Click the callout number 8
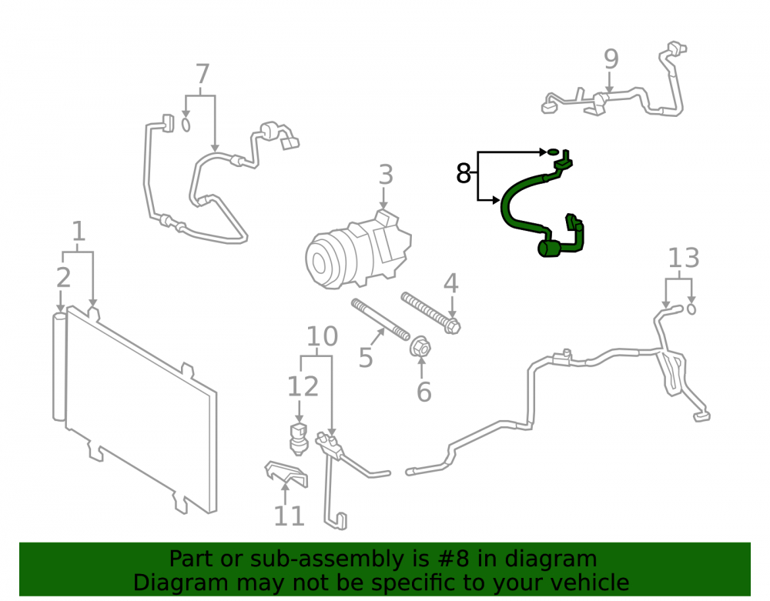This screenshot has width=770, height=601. pos(463,172)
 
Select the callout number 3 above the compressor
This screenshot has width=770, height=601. pos(386,175)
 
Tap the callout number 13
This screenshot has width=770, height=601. pos(684,258)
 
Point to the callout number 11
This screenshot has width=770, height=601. pos(289,516)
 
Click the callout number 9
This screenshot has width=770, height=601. pos(611,59)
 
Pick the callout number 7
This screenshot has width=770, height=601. pos(203,75)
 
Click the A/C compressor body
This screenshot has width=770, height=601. pos(357,250)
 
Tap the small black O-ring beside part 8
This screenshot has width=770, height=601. pos(553,152)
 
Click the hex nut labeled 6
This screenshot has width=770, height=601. pos(420,347)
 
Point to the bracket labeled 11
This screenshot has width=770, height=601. pos(286,473)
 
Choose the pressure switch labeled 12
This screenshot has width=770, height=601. pos(298,438)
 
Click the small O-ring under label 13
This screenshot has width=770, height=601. pos(691,309)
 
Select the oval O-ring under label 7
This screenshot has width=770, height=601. pos(186,125)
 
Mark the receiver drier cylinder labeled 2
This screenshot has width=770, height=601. pos(59,366)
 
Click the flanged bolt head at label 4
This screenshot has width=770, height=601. pos(452,326)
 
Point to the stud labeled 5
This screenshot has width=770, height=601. pos(380,319)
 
